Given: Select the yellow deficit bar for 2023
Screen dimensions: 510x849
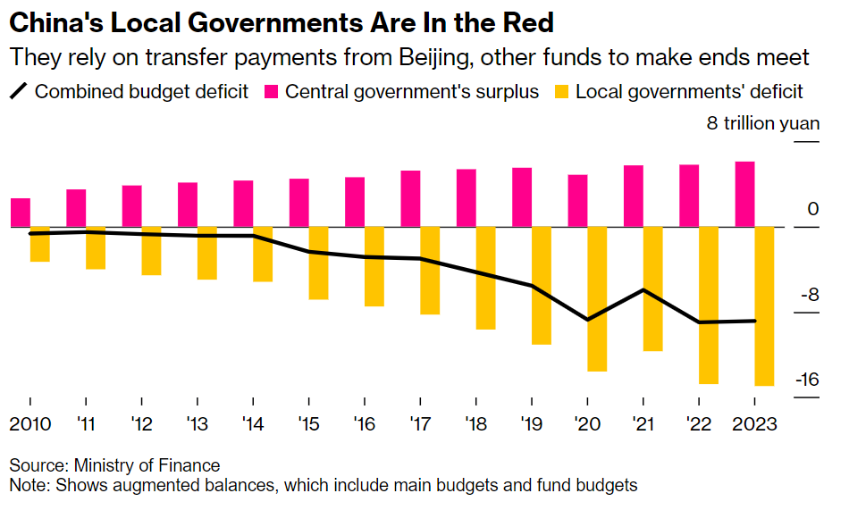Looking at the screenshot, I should pos(765,306).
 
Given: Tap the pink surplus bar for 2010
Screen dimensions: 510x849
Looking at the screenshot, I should pos(21,213).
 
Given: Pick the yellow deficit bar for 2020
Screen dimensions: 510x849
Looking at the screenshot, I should pos(597,298).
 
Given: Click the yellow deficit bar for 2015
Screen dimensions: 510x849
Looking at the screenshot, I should pos(318,263).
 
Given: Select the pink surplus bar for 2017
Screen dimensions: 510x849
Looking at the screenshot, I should pos(411,198).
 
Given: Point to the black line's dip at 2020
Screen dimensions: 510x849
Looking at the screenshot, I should pos(588,319).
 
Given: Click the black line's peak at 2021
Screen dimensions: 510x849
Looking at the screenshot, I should pos(643,289).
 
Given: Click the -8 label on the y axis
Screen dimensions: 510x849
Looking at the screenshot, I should pos(810,295).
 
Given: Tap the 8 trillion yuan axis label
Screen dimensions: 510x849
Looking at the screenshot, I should pos(762,123).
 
